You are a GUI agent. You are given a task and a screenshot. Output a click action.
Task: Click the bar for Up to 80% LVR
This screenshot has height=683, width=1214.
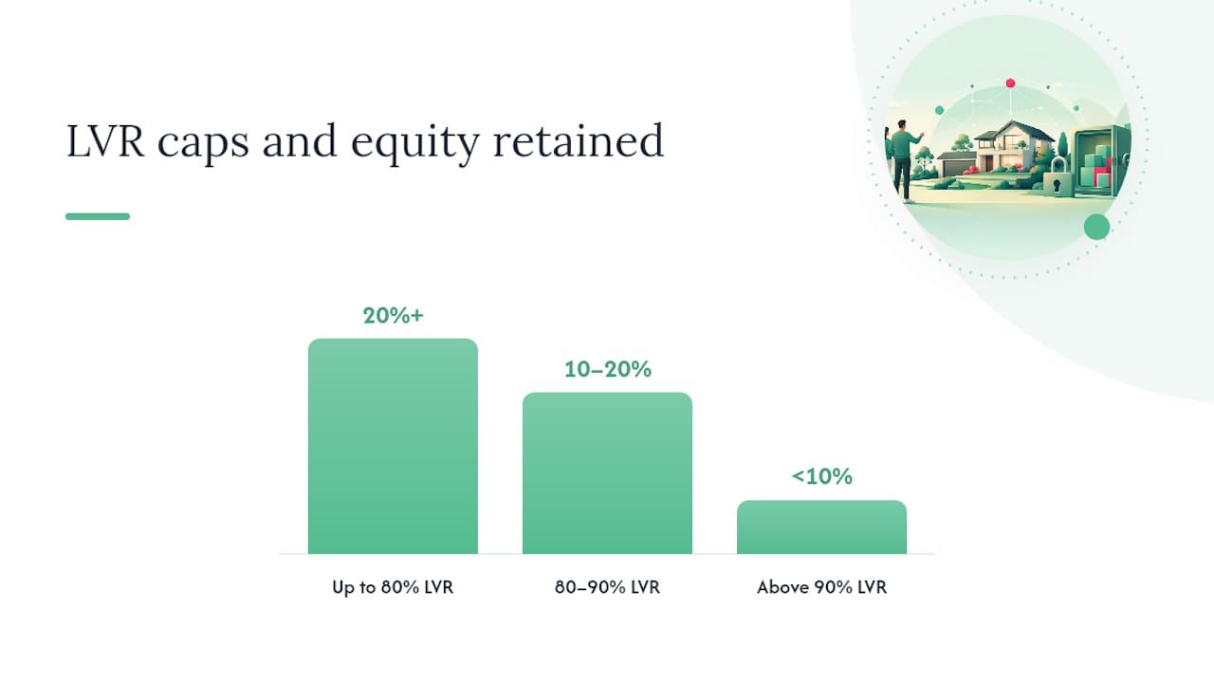pos(393,446)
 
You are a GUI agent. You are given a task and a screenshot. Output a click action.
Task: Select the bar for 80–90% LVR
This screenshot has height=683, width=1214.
pos(607,472)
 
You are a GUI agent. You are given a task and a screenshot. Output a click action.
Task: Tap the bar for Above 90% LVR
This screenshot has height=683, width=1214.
pos(821,526)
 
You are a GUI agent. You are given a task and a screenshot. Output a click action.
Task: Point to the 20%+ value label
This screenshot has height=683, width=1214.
pos(393,316)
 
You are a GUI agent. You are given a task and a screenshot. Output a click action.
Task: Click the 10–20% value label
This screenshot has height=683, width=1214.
pos(608,369)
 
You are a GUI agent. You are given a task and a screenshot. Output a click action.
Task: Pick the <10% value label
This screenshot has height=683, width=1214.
pos(821,476)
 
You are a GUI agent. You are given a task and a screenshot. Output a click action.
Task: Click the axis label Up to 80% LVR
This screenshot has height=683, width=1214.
pos(393,587)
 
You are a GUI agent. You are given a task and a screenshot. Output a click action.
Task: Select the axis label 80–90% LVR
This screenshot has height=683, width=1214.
pos(607,587)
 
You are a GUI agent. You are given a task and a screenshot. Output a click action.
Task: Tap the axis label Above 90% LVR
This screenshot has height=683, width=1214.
pos(821,587)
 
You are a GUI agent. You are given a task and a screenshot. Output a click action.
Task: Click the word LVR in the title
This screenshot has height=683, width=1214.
pos(105,141)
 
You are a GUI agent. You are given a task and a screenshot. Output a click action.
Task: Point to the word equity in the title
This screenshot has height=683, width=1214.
pos(415,143)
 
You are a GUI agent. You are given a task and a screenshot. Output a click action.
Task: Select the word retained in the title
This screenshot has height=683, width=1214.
pos(579,139)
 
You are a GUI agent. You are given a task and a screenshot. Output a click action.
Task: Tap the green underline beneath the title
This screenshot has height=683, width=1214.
pos(98,216)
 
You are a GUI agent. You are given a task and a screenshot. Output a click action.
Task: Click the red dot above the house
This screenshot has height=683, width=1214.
pos(1010,83)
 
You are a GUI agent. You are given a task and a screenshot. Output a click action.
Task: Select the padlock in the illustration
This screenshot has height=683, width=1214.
pos(1057,176)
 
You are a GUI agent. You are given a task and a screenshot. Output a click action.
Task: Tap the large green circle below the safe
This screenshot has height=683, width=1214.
pos(1097,227)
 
